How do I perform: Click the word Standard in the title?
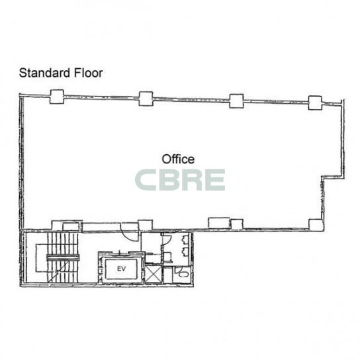(x=44, y=73)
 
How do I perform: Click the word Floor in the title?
(x=89, y=73)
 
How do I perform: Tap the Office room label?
(x=178, y=159)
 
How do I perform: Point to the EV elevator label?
(x=122, y=269)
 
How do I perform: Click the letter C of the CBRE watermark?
(x=146, y=180)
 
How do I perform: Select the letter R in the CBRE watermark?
(x=191, y=180)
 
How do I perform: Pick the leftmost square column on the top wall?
(x=57, y=97)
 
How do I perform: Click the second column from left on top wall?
(x=146, y=99)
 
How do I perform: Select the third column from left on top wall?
(x=237, y=101)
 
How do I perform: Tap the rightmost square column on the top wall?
(x=315, y=103)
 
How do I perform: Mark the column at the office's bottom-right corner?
(x=316, y=225)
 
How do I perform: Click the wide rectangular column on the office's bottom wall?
(x=219, y=223)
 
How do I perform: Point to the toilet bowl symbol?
(x=183, y=274)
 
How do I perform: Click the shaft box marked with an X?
(x=154, y=274)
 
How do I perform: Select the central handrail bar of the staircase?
(x=63, y=257)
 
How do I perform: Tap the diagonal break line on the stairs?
(x=59, y=271)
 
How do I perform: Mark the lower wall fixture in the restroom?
(x=185, y=251)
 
